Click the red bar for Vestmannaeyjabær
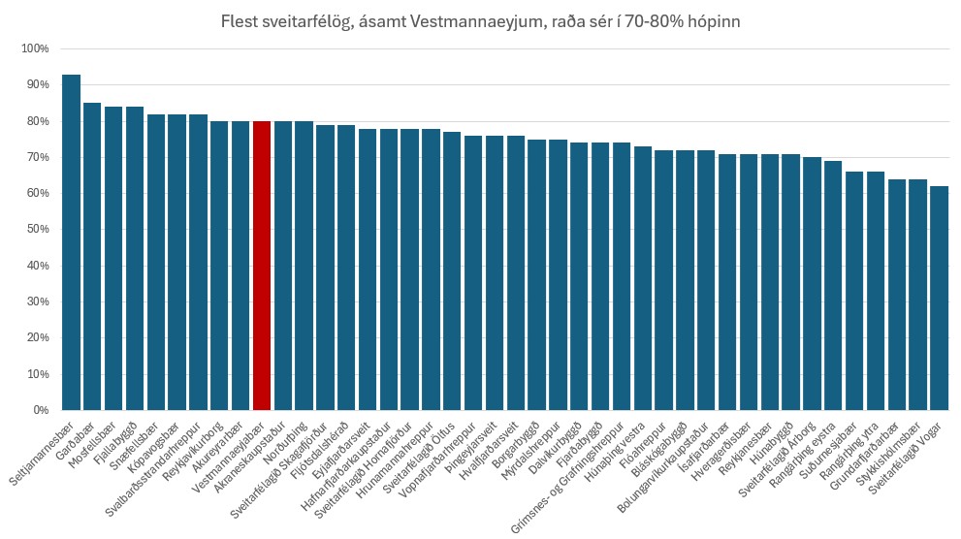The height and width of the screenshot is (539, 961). pos(261,266)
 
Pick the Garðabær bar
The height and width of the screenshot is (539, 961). pos(92,256)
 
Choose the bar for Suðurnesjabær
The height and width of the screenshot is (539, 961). pos(853,291)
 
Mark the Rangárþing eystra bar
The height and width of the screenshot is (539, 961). pos(833,285)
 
